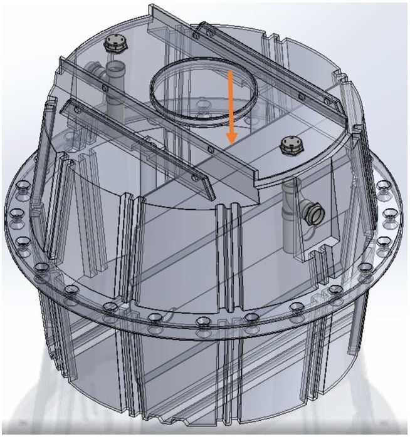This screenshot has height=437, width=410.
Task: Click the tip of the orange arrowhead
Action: click(231, 143)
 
